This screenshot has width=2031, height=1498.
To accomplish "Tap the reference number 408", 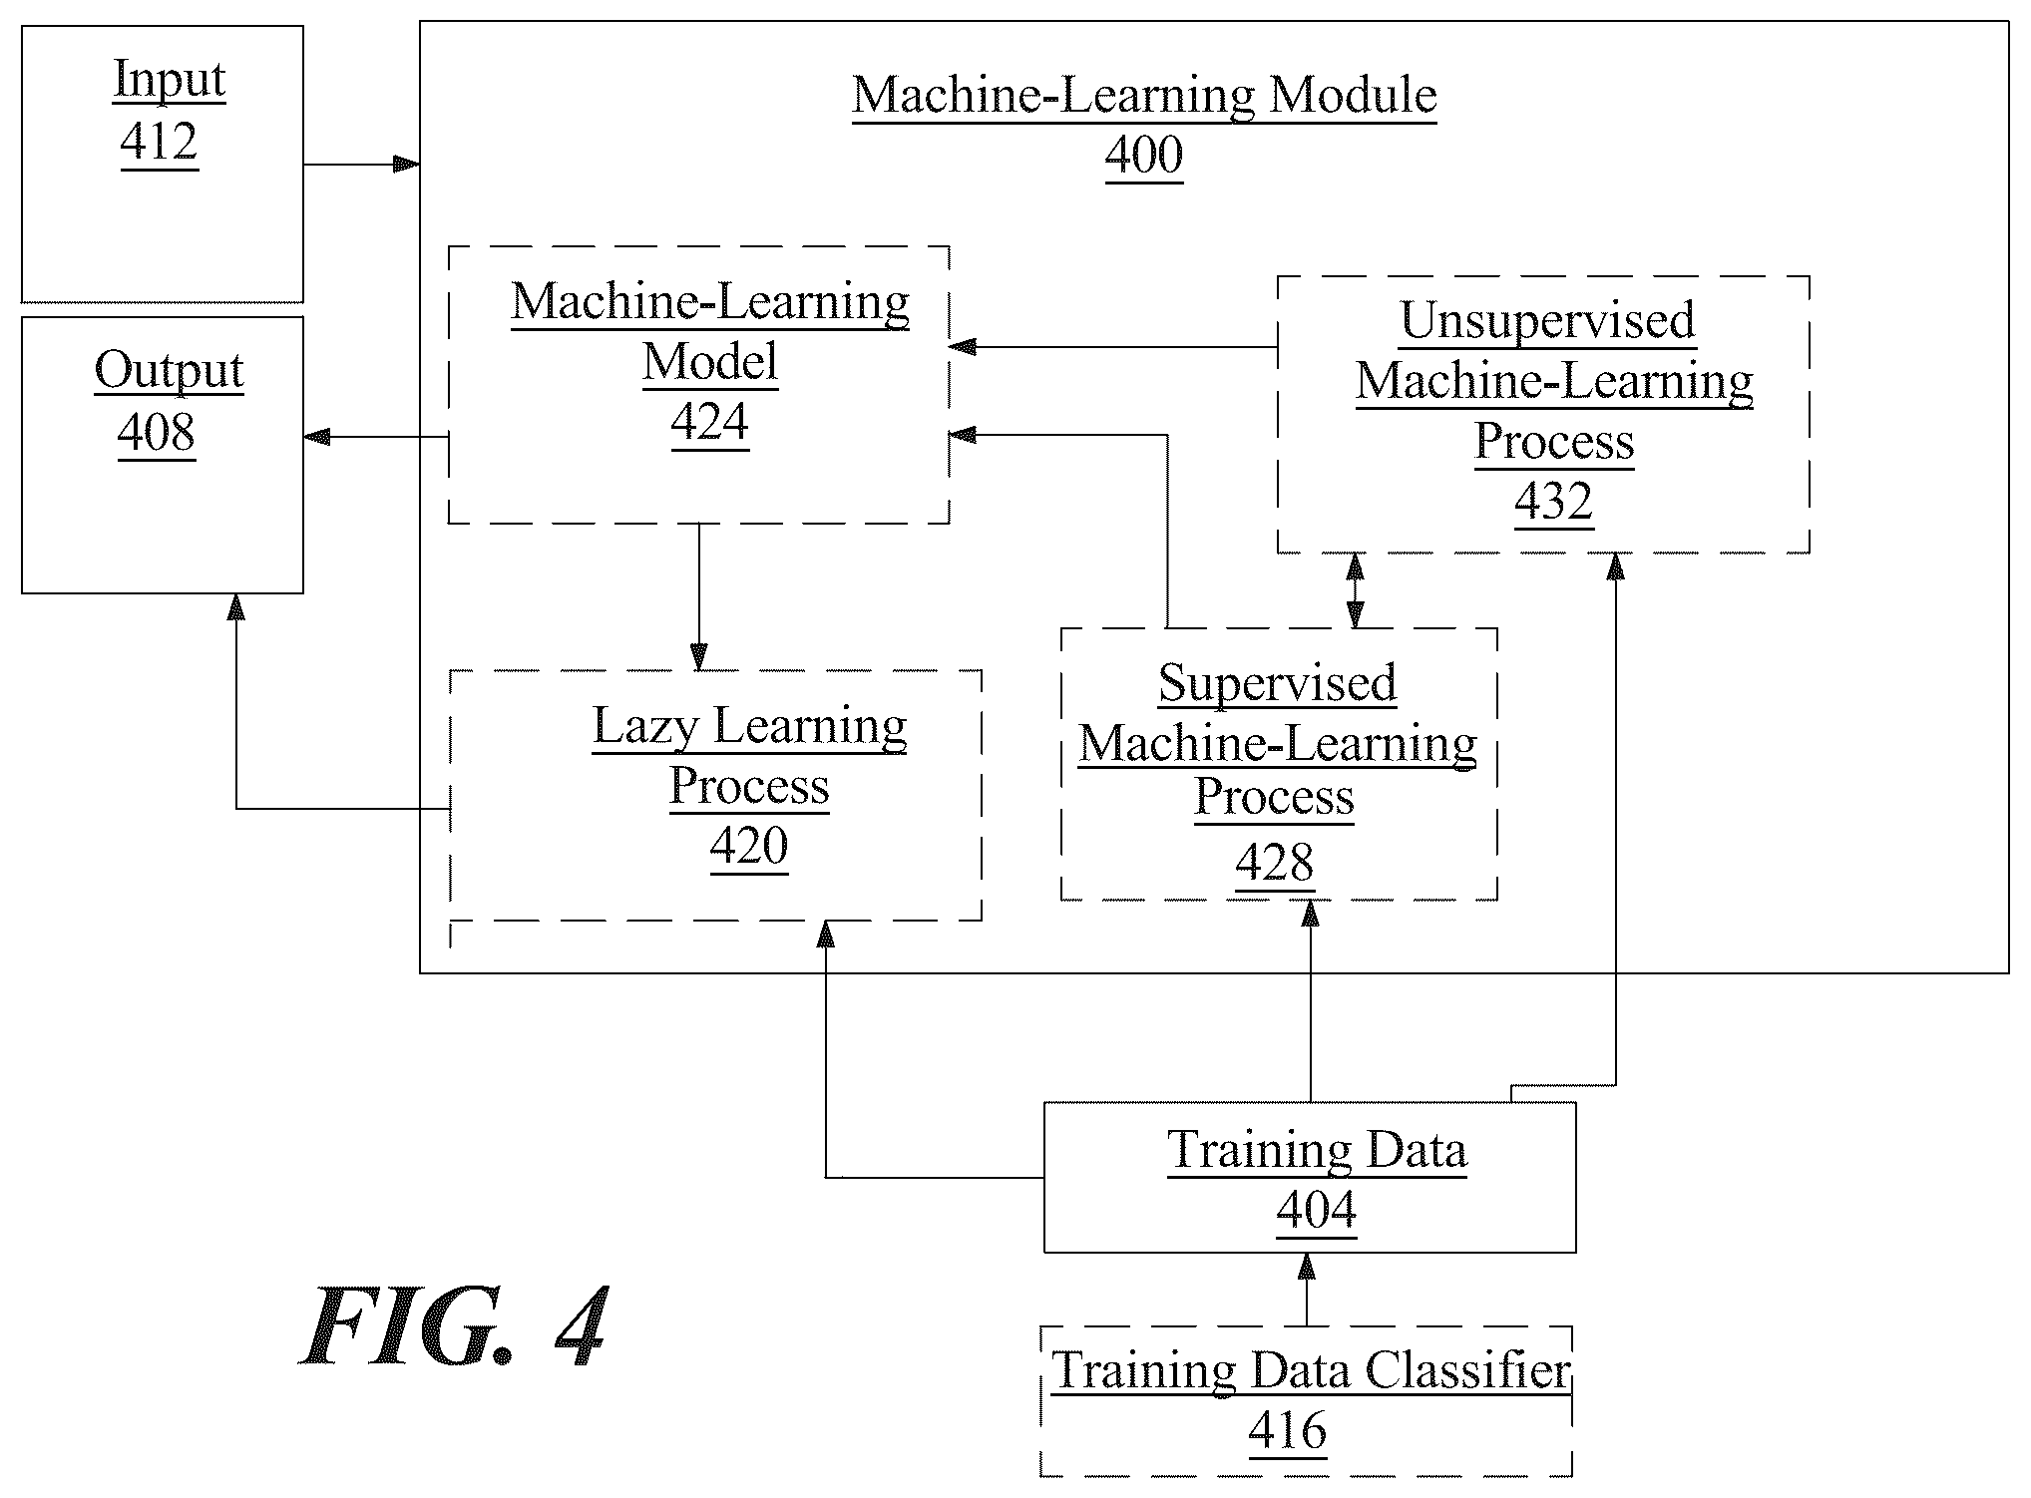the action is (x=157, y=432).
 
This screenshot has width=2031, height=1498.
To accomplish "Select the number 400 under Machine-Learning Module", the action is (x=1144, y=155).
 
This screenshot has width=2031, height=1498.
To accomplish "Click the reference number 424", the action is (x=710, y=422).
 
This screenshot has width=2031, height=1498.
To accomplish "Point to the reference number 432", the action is (x=1554, y=501).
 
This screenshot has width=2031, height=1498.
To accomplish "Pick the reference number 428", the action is (x=1275, y=862).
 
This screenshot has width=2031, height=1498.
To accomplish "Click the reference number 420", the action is (x=749, y=846).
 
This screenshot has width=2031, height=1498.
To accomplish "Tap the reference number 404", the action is (x=1317, y=1210).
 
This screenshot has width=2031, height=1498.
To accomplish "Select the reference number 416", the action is (x=1288, y=1431).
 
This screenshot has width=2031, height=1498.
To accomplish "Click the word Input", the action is (x=170, y=80).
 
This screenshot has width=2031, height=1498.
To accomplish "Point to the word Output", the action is (x=170, y=371).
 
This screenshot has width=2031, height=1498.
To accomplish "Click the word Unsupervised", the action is (x=1548, y=320).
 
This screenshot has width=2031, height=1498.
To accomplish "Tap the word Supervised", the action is (x=1278, y=684).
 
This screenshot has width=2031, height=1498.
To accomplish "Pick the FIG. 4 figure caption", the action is (x=455, y=1327).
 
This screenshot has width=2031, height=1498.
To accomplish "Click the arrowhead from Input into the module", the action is (x=406, y=164).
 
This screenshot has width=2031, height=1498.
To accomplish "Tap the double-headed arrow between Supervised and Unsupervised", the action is (x=1355, y=590).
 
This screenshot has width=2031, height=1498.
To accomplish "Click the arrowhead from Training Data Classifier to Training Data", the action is (x=1306, y=1266).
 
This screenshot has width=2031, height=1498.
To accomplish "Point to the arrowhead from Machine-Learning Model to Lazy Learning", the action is (x=698, y=657).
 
